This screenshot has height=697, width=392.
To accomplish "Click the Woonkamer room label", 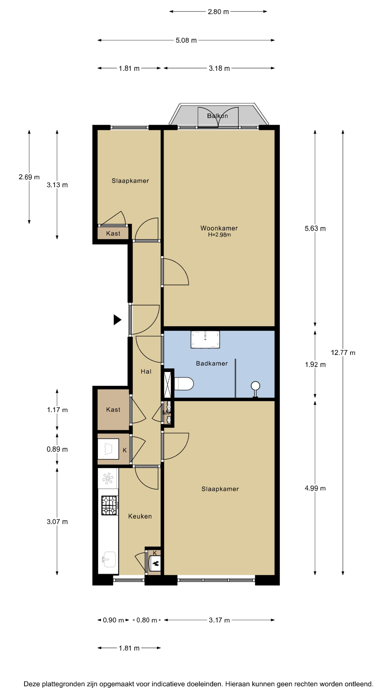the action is [219, 228].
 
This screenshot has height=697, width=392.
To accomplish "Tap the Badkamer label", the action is [212, 363].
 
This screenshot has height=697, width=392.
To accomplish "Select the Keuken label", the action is [140, 516].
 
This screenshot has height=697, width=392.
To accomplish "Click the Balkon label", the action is [218, 116].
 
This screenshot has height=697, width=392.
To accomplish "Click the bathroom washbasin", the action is [205, 339].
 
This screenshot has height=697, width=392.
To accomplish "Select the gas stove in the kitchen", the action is [110, 505].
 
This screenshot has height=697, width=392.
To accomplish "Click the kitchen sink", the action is [109, 559].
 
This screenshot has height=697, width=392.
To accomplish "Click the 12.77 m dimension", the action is [343, 352].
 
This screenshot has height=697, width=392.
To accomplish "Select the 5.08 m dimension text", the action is [186, 40].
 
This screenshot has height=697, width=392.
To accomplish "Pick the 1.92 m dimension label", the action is [315, 364].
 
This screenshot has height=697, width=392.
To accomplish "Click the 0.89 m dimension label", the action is [57, 449].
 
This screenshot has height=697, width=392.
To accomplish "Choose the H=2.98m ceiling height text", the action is [219, 235].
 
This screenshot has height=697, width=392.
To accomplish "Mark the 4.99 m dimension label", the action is [315, 488].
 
